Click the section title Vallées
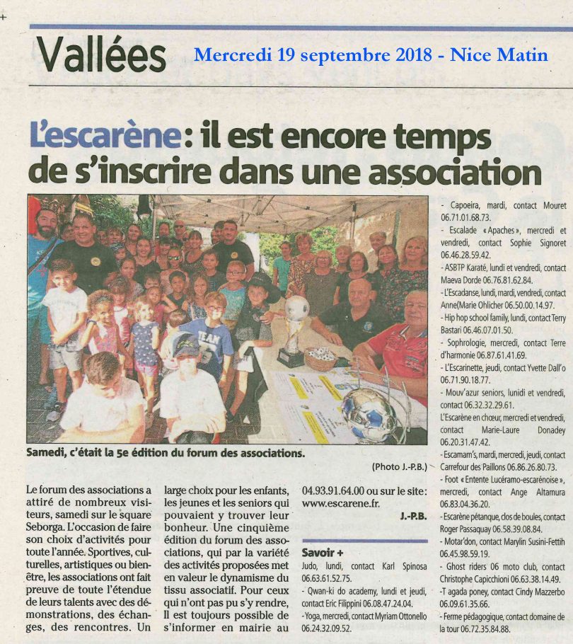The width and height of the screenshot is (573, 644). click(x=101, y=54)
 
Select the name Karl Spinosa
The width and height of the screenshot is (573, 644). click(x=402, y=566)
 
